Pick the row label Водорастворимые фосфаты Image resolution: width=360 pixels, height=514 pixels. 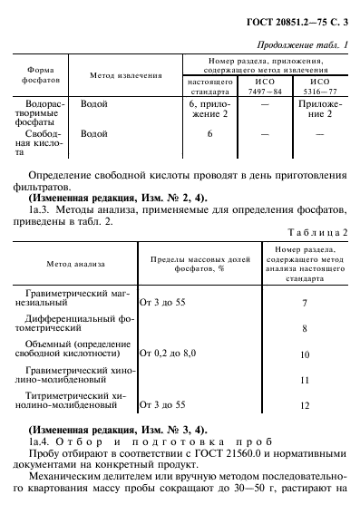[41, 115]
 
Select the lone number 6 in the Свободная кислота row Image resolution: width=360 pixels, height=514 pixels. [209, 133]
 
